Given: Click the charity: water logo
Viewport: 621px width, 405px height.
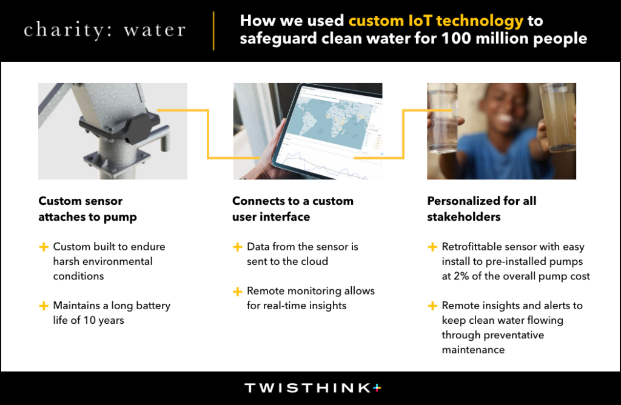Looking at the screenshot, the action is pos(104,30).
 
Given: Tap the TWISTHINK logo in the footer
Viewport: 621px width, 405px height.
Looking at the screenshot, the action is pos(313,388).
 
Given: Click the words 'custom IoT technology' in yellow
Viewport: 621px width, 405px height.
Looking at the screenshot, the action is pos(435,21).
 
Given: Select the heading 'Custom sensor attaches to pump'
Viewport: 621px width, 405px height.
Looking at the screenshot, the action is pos(87,209).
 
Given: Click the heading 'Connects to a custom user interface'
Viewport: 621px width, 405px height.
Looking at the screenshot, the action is pos(293,209).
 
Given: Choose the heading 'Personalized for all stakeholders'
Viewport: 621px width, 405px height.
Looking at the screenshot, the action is pos(482,209).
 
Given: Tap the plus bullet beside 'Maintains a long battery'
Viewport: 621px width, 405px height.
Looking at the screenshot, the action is pos(44,306).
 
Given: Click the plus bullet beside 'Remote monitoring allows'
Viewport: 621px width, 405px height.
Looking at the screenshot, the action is pos(237,292).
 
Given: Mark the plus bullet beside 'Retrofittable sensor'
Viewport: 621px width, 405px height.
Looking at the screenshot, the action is pos(432,247).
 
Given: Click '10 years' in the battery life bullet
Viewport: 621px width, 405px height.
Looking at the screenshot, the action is pos(103,320).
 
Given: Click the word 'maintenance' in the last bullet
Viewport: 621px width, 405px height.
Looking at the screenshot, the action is pos(473,350).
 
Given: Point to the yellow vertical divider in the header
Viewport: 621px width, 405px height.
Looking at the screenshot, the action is pos(214,31).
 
